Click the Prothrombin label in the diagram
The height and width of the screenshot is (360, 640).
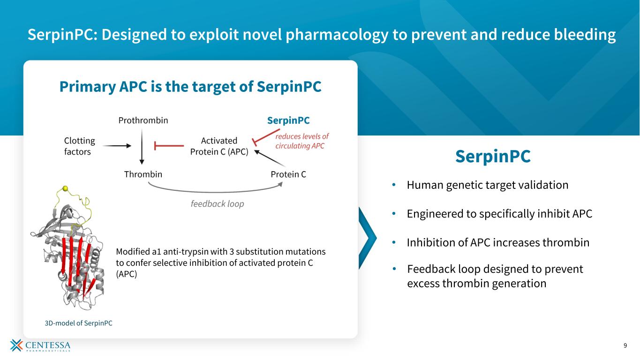[143, 120]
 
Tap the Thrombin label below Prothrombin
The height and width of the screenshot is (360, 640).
[143, 174]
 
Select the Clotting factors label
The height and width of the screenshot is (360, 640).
[79, 146]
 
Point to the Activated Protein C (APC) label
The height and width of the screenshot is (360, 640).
[219, 146]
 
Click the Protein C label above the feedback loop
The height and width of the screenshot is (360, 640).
[288, 174]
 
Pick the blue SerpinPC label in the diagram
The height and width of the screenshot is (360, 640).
[288, 120]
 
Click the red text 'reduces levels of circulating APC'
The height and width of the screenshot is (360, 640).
[301, 141]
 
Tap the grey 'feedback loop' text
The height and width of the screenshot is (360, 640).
[217, 204]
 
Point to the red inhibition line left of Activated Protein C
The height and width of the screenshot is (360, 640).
[169, 146]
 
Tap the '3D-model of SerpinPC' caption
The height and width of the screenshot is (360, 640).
[75, 323]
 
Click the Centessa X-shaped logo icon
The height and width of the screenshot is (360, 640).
[16, 345]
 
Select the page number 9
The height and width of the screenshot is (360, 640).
[625, 346]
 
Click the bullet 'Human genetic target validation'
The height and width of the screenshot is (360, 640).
[487, 185]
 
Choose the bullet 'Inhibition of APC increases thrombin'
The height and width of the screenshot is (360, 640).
[497, 243]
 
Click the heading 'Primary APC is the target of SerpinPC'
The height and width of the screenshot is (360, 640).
[190, 87]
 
